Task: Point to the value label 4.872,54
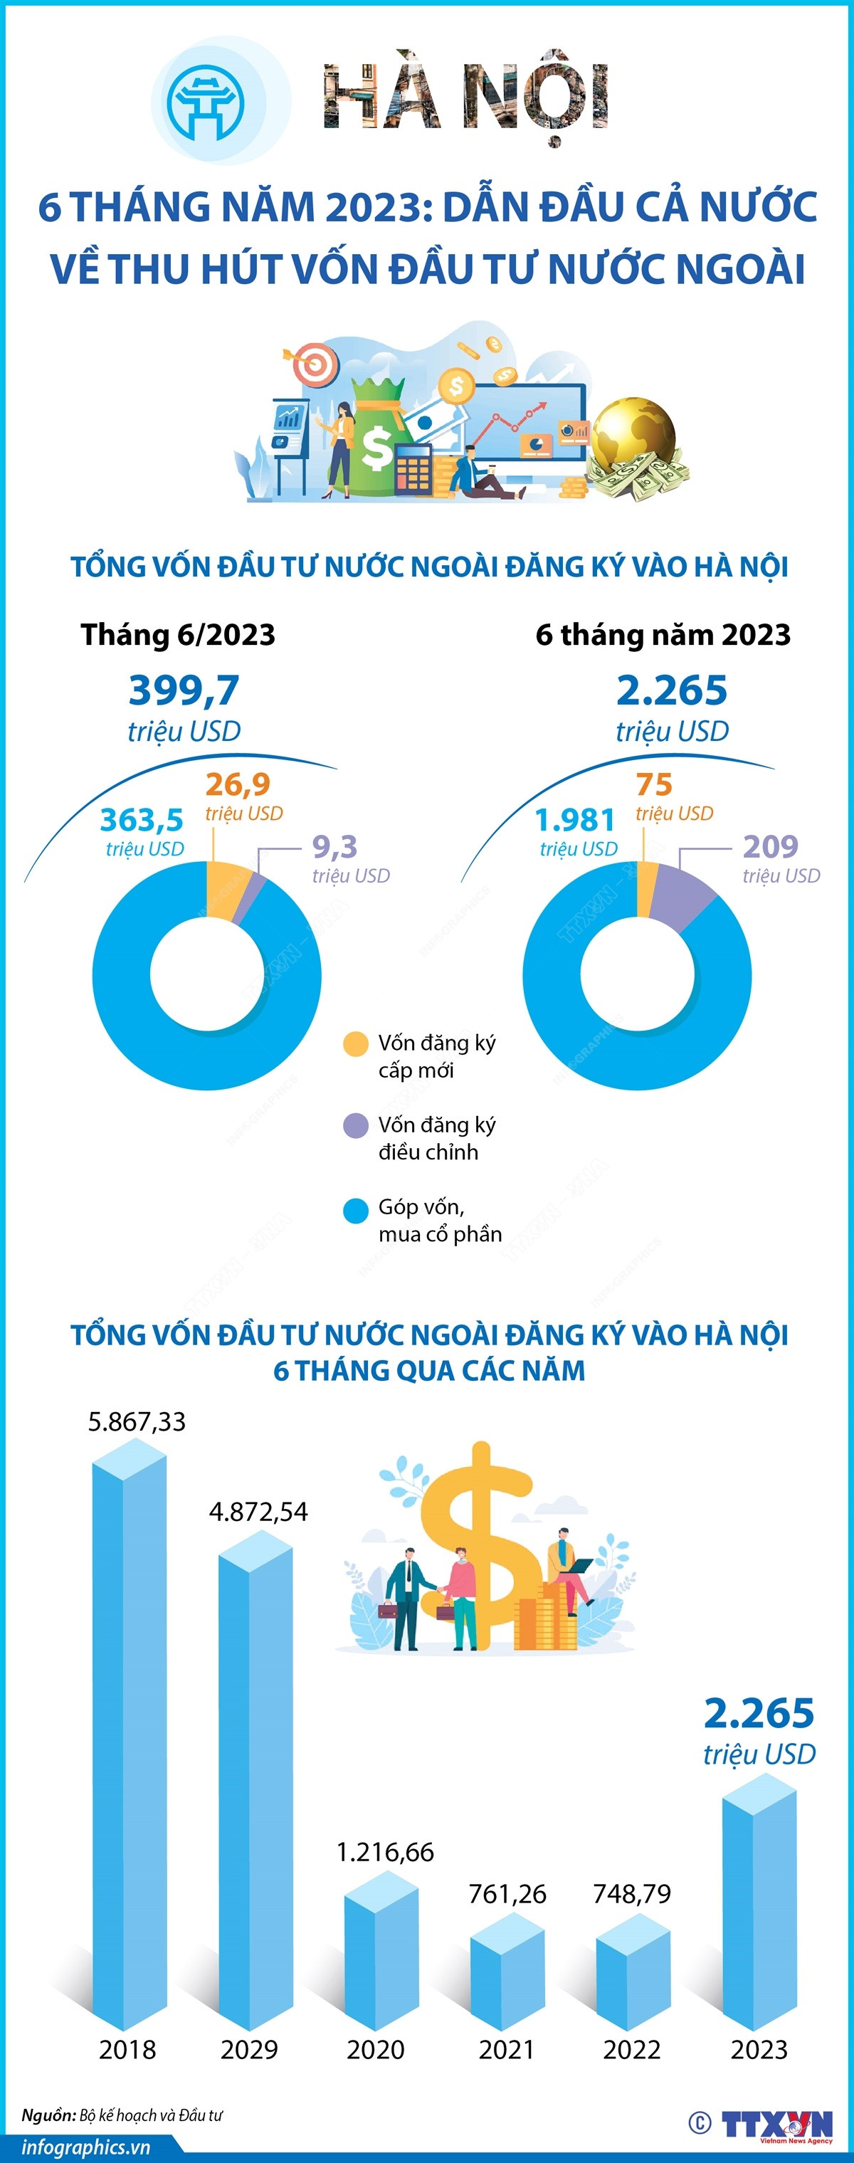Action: [x=258, y=1512]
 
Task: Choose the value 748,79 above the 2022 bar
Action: [x=631, y=1893]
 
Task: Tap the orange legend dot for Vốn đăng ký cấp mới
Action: [x=356, y=1043]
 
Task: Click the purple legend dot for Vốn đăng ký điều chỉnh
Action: [x=356, y=1125]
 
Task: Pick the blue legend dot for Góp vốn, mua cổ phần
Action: [x=356, y=1210]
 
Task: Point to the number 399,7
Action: [x=184, y=690]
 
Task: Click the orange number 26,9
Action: [x=238, y=784]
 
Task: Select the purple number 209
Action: [x=770, y=846]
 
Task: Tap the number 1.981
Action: [x=574, y=819]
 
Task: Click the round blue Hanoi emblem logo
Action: [x=206, y=102]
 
